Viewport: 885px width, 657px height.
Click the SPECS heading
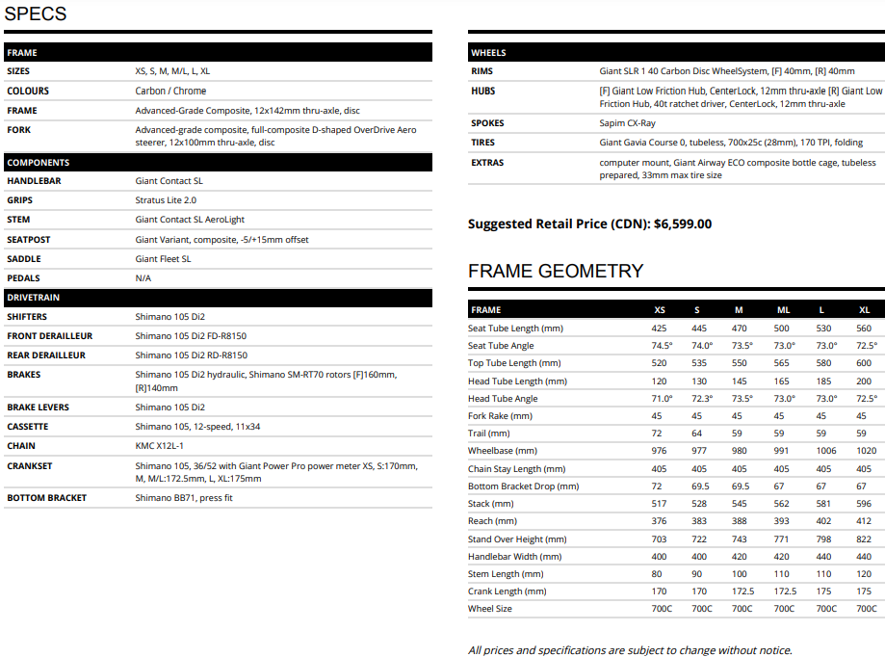pyautogui.click(x=36, y=13)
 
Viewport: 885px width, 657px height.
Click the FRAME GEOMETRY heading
pyautogui.click(x=556, y=271)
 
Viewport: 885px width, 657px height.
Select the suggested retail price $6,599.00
pyautogui.click(x=683, y=223)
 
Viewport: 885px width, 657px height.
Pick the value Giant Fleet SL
pyautogui.click(x=164, y=258)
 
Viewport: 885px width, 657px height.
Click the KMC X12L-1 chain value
pyautogui.click(x=160, y=446)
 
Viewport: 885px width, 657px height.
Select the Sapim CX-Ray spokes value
pyautogui.click(x=627, y=123)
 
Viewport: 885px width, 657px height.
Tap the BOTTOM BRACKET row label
pyautogui.click(x=46, y=498)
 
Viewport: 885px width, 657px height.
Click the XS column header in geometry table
pyautogui.click(x=660, y=310)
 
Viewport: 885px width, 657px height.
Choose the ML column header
pyautogui.click(x=783, y=310)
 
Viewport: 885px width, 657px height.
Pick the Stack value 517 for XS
pyautogui.click(x=660, y=504)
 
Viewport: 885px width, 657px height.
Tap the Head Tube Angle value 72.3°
pyautogui.click(x=702, y=398)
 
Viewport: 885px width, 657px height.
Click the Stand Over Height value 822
pyautogui.click(x=865, y=539)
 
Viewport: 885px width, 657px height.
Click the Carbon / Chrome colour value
pyautogui.click(x=170, y=91)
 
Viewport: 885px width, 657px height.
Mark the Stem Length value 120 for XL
pyautogui.click(x=865, y=574)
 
